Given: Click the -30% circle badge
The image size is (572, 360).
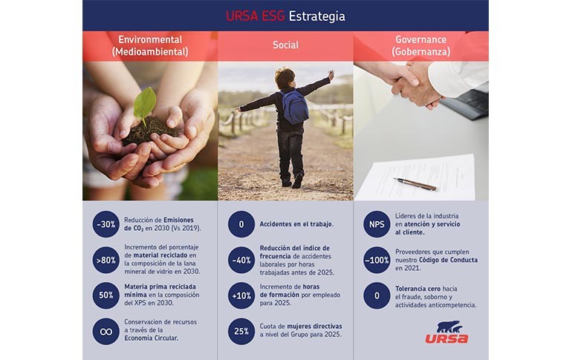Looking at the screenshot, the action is tap(105, 224).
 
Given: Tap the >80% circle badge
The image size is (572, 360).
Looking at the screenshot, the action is tap(105, 260).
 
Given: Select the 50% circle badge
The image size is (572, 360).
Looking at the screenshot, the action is tap(105, 295).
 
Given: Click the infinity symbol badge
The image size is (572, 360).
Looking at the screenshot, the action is tap(105, 331).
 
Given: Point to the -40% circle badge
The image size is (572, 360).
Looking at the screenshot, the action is tap(241, 260).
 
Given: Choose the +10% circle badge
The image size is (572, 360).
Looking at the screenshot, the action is tap(241, 295).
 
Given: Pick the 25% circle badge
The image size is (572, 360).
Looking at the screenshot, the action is tap(241, 331).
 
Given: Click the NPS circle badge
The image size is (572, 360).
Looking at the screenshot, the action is tap(377, 224).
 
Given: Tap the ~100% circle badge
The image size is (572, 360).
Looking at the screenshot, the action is tap(377, 260).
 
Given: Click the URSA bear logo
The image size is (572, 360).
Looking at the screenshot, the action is tap(447, 332).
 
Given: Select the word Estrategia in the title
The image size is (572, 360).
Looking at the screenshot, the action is tap(316, 16).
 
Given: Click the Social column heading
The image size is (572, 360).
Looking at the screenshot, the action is tap(286, 45).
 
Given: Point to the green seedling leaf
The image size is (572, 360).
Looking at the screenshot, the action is tap(145, 102).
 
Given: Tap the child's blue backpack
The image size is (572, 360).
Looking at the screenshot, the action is tap(294, 106).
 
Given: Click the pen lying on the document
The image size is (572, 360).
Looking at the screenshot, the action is tap(415, 183).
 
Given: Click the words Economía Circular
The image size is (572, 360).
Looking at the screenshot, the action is tap(152, 338).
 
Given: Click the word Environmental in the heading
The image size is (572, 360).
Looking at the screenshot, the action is tap(150, 40).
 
